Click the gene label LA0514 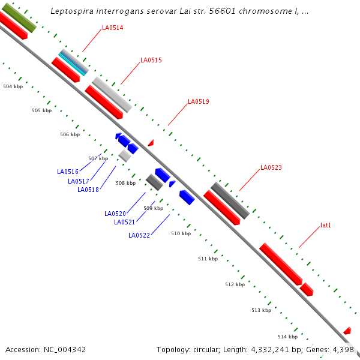(112, 28)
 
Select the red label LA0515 (151, 60)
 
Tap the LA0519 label (198, 102)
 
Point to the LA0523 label (271, 167)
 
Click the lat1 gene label (326, 226)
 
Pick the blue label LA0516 (68, 172)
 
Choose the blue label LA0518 (88, 190)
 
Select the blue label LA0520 (115, 214)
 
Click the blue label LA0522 (139, 235)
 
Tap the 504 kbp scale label (13, 87)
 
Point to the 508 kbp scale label (125, 183)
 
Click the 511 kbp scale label (208, 259)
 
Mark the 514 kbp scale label (287, 337)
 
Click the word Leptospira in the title (72, 11)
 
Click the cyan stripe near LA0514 (73, 64)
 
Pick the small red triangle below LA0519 (151, 143)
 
